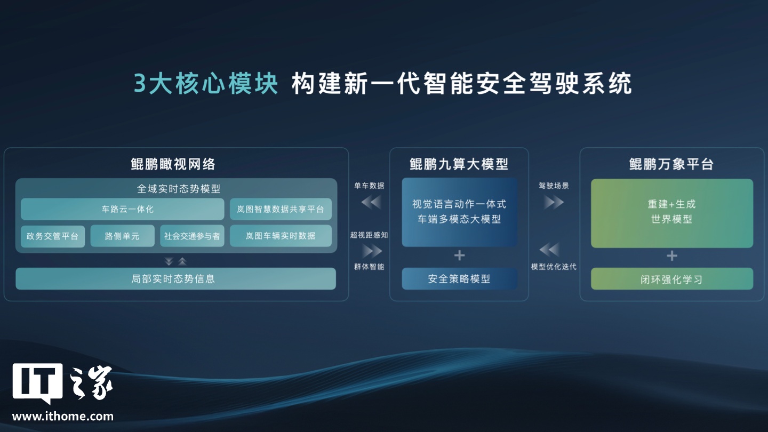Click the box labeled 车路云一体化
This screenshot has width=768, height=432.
click(123, 209)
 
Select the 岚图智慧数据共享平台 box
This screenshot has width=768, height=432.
click(281, 209)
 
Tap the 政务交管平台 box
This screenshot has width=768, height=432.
click(52, 236)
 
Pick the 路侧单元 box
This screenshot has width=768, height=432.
click(123, 236)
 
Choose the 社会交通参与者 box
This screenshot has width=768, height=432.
click(192, 236)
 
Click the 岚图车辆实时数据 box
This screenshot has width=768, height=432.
click(281, 236)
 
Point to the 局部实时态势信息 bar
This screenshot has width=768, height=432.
click(175, 278)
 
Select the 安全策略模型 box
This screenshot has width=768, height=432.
click(459, 278)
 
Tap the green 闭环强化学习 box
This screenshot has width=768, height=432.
click(672, 279)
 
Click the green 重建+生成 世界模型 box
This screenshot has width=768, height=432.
click(672, 213)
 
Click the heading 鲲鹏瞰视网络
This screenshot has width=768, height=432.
click(173, 164)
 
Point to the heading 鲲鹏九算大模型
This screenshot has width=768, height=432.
click(459, 164)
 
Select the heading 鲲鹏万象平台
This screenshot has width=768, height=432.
click(671, 164)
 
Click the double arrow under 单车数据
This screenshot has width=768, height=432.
click(371, 202)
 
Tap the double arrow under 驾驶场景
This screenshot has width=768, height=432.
click(554, 202)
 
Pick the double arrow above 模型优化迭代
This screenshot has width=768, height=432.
click(549, 250)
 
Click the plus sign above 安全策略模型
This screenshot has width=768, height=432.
click(459, 255)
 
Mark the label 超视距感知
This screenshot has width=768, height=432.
click(369, 235)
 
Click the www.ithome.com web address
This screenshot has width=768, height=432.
click(63, 416)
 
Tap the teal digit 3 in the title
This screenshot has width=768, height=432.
click(140, 83)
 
